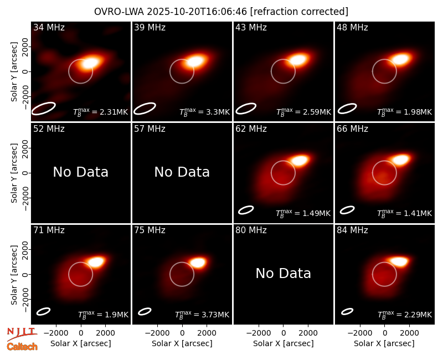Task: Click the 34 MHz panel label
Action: point(49,27)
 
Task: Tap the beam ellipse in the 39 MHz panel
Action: point(145,109)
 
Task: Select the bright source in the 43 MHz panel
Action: point(298,60)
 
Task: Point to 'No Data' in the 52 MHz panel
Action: point(80,172)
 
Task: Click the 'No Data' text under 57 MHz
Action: point(182,172)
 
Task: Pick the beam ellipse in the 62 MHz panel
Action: point(246,210)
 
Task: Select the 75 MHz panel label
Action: point(150,230)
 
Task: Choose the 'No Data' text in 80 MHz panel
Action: point(283,273)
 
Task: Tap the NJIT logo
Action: point(22,333)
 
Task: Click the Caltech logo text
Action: point(22,347)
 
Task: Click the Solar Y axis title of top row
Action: point(14,72)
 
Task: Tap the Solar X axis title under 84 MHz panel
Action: point(384,343)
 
